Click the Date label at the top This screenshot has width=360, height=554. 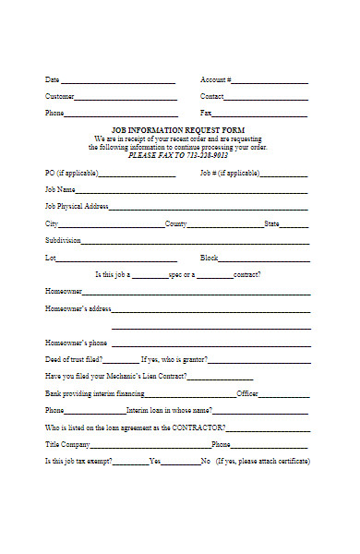tap(52, 79)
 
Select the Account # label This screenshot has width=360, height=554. tap(216, 79)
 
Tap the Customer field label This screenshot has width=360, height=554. tap(60, 96)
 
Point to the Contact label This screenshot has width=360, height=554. tap(211, 96)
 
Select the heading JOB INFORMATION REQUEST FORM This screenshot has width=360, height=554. tap(177, 130)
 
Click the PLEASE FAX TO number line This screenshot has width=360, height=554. tap(177, 154)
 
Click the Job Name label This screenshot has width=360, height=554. tap(60, 189)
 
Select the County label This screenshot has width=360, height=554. tap(175, 223)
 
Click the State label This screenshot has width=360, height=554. tap(271, 223)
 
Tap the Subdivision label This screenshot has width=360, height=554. tap(63, 240)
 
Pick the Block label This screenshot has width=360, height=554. tap(209, 258)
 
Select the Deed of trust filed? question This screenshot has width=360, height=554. tap(74, 359)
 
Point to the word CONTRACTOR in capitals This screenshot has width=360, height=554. tap(199, 428)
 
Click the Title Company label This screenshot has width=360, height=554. tap(67, 444)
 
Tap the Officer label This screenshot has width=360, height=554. tap(247, 393)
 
